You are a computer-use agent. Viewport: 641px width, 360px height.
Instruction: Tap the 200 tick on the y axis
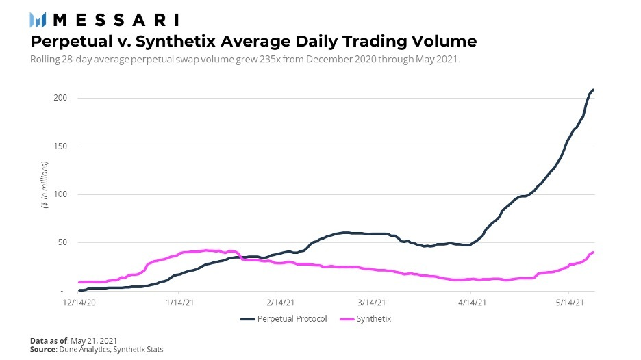point(62,98)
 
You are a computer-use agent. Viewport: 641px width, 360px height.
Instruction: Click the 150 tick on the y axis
point(62,146)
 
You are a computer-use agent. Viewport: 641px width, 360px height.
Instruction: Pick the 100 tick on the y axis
point(62,194)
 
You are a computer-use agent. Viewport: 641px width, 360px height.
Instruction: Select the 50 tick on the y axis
point(64,242)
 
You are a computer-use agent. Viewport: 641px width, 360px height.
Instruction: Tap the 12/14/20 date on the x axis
point(81,302)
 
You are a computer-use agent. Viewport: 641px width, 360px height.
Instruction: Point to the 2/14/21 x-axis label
point(280,302)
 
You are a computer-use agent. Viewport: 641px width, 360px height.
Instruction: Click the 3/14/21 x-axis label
point(370,302)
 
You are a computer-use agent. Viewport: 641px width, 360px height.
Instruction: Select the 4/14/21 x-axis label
point(472,302)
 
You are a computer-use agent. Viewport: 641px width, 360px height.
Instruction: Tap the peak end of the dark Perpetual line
point(593,90)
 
